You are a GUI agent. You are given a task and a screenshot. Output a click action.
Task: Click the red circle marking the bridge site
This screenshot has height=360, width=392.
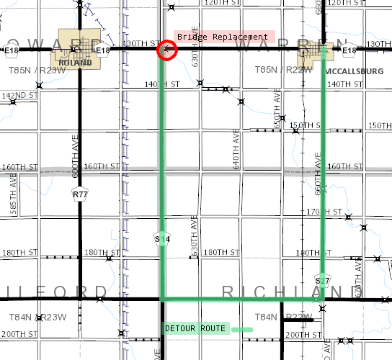pyautogui.click(x=166, y=50)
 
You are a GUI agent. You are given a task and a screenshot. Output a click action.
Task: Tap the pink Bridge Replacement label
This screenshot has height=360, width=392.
pyautogui.click(x=224, y=36)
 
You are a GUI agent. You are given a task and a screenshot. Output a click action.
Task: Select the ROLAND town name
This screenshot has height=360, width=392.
pyautogui.click(x=77, y=63)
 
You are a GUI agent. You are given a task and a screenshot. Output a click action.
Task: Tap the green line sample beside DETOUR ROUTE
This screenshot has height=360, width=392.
pyautogui.click(x=242, y=329)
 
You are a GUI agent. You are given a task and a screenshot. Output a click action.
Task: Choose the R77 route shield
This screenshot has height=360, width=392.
pyautogui.click(x=79, y=194)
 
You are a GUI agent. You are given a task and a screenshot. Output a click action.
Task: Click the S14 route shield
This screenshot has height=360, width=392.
pyautogui.click(x=162, y=238)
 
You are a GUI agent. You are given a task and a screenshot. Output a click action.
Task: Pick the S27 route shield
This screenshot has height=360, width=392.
pyautogui.click(x=322, y=279)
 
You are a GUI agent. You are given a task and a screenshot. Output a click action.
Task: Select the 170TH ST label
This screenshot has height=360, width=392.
pyautogui.click(x=317, y=212)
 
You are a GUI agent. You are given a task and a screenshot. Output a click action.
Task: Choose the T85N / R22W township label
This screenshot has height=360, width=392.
pyautogui.click(x=280, y=70)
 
